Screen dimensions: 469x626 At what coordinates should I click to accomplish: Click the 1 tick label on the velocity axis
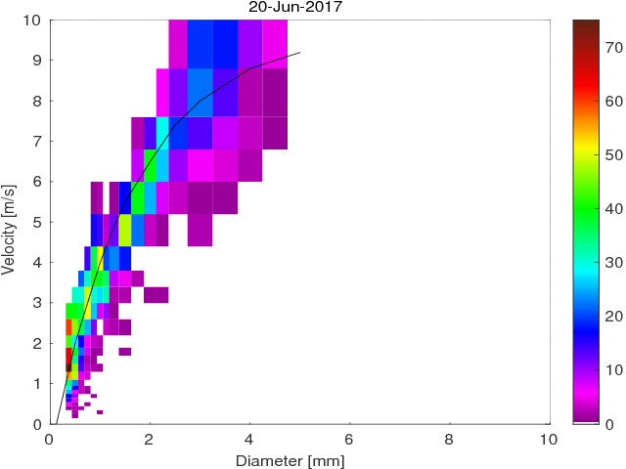pos(36,384)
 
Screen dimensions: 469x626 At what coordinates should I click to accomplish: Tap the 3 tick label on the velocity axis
pos(36,303)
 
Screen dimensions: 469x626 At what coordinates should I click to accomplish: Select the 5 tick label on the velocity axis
pos(36,222)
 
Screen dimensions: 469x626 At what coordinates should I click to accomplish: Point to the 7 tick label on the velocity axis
pos(36,141)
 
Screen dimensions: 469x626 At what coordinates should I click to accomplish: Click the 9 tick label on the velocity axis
pos(36,60)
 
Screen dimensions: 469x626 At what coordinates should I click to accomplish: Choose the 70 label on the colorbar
pos(613,46)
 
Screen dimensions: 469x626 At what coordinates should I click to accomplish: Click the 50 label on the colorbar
pos(613,154)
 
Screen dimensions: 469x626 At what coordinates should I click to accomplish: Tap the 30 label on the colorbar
pos(613,262)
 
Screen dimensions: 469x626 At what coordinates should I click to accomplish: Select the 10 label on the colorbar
pos(613,370)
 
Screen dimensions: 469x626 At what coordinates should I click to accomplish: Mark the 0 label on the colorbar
pos(610,424)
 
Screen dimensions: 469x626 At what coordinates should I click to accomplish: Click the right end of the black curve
pos(300,53)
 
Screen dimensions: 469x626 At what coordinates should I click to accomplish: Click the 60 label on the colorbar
pos(613,100)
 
